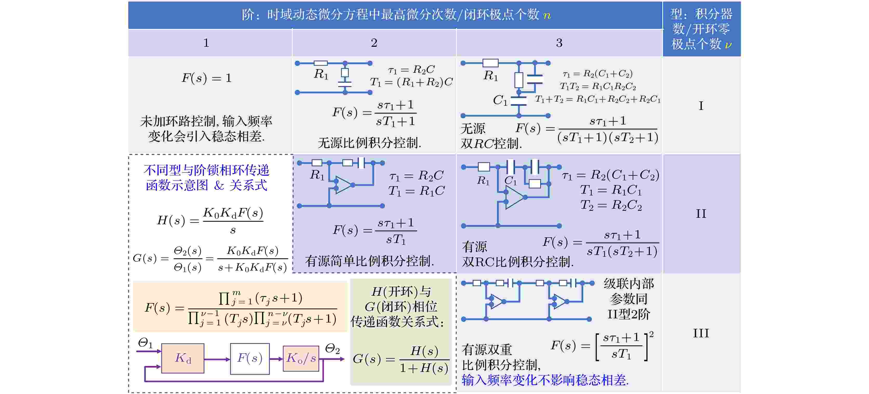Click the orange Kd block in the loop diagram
[x=183, y=358]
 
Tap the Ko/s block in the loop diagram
[x=301, y=358]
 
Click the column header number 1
[x=206, y=43]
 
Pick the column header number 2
[x=374, y=43]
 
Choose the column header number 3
[x=559, y=43]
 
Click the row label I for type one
[x=701, y=106]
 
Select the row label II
[x=701, y=213]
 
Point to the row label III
[x=701, y=333]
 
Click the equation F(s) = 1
[x=206, y=78]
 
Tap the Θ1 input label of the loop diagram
[x=145, y=343]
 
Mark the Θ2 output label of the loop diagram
[x=332, y=349]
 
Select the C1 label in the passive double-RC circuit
[x=500, y=100]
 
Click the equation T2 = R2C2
[x=611, y=205]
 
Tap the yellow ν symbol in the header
[x=728, y=44]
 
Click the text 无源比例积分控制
[x=369, y=143]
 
